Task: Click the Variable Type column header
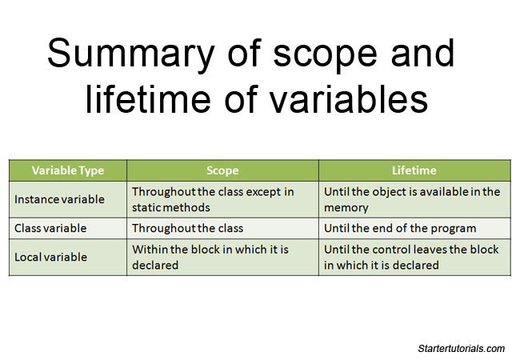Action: pos(68,170)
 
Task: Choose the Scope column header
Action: pos(222,170)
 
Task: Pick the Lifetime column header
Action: pos(414,170)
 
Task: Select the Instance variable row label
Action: pos(59,199)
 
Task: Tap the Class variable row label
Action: pos(50,228)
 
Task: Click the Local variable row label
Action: pos(50,257)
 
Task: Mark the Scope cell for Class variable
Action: pos(187,228)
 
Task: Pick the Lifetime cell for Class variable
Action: pos(399,228)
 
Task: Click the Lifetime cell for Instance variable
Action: pos(412,199)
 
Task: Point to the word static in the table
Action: pos(148,207)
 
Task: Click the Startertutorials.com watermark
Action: pos(462,348)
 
